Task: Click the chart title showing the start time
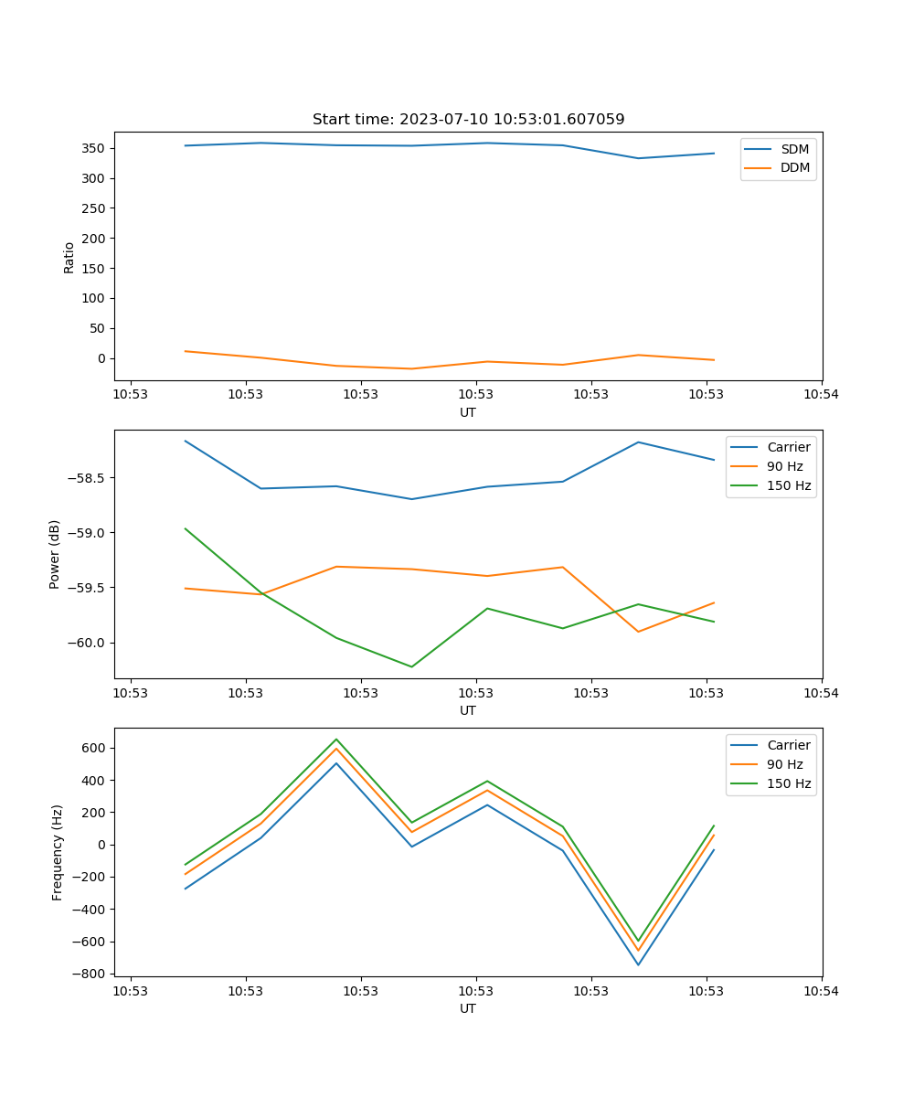468,120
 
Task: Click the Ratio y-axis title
69,257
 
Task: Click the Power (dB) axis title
55,554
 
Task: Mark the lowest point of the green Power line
411,666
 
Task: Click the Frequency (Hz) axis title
58,852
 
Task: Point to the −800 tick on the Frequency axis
91,974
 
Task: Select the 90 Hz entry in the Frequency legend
785,764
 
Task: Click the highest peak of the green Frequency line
336,739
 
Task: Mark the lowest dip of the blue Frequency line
638,964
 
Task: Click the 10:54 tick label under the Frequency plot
821,990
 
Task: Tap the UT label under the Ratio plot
468,412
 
